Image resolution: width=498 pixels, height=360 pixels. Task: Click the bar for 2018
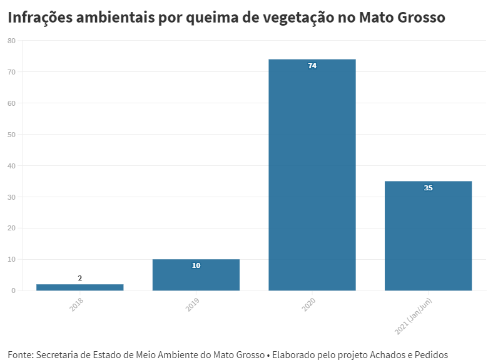[80, 287]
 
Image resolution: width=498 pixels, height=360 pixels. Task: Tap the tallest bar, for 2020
[312, 175]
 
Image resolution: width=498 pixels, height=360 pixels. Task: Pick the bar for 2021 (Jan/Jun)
[428, 237]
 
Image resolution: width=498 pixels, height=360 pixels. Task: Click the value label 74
[312, 66]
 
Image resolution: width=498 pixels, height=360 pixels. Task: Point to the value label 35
[428, 188]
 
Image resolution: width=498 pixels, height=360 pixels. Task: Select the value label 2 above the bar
[80, 278]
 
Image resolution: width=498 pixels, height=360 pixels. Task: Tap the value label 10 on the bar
[196, 265]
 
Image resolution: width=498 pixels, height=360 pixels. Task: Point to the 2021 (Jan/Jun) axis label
[414, 315]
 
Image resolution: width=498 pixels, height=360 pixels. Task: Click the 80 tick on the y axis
[11, 41]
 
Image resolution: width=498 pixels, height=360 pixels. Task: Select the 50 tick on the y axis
[11, 135]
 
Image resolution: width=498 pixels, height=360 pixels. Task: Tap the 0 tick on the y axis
[13, 291]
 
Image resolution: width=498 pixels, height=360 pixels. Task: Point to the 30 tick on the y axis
[11, 197]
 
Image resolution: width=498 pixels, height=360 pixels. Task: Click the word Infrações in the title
[39, 18]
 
